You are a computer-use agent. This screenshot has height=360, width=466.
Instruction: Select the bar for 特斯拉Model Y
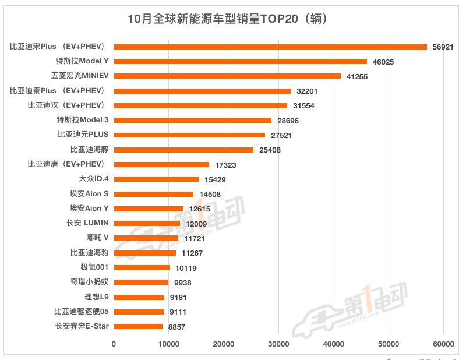[240, 61]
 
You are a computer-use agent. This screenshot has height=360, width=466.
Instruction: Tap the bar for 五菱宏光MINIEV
[227, 76]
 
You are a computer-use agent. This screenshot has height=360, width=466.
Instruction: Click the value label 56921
[443, 47]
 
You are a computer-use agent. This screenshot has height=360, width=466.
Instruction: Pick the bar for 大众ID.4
[156, 179]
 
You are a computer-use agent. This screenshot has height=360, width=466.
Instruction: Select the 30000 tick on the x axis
[278, 344]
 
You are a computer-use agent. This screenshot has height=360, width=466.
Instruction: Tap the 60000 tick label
[443, 344]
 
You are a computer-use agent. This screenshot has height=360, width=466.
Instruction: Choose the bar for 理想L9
[139, 297]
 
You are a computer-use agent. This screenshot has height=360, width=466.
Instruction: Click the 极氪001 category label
[94, 267]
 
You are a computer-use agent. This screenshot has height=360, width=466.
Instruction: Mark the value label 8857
[176, 327]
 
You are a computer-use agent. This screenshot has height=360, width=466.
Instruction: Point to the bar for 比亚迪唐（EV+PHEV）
[161, 164]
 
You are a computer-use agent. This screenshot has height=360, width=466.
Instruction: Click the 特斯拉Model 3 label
[83, 120]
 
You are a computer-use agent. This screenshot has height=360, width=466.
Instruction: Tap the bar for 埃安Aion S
[153, 194]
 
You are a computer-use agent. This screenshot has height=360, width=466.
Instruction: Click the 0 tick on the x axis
[114, 344]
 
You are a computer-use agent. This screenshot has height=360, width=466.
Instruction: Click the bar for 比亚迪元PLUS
[189, 135]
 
